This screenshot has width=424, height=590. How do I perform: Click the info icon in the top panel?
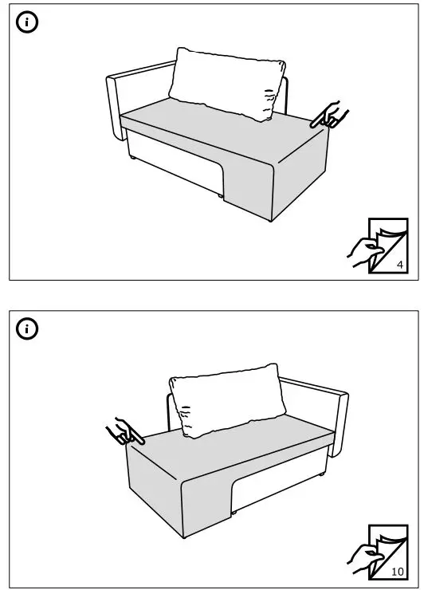(28, 23)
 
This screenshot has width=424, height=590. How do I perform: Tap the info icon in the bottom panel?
(28, 328)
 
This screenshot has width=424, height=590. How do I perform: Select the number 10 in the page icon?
(398, 571)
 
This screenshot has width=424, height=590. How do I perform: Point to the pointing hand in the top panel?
(328, 116)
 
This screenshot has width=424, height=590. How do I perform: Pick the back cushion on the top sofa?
(227, 84)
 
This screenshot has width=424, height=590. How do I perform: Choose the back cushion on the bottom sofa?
(227, 399)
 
